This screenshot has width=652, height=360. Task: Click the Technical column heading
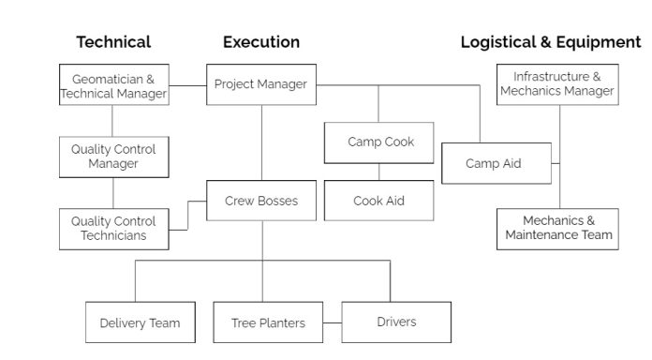tap(113, 42)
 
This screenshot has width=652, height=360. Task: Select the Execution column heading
tap(261, 42)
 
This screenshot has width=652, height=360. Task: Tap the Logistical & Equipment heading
tap(551, 42)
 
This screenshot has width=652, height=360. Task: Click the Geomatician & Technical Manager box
tap(113, 86)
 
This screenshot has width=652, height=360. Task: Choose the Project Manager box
tap(260, 84)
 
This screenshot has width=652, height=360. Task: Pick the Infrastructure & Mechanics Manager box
tap(557, 84)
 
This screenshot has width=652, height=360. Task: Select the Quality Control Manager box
tap(113, 157)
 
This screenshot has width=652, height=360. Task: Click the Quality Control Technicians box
tap(113, 228)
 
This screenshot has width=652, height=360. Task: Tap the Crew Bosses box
tap(261, 201)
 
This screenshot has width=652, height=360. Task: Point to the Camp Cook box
tap(379, 142)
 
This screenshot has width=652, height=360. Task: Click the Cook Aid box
tap(379, 201)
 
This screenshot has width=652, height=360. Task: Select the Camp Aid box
tap(494, 164)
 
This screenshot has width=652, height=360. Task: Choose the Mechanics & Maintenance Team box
tap(557, 228)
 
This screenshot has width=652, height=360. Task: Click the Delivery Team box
tap(140, 322)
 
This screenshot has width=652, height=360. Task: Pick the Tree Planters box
tap(268, 322)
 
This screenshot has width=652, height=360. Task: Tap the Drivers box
tap(396, 322)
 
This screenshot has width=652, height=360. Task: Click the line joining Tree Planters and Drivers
tap(333, 322)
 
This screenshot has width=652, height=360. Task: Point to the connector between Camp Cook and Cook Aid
tap(379, 172)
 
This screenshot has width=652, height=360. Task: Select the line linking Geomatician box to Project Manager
tap(187, 86)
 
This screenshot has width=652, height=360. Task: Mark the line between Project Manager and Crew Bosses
tap(261, 141)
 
